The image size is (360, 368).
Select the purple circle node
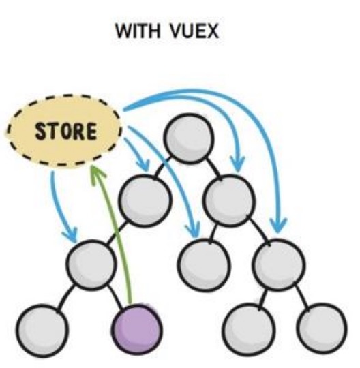136,329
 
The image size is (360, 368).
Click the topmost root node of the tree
189,138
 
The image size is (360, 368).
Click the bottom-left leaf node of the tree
42,331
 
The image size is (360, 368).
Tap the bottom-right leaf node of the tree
322,328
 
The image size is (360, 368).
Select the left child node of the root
145,200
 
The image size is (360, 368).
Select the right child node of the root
228,200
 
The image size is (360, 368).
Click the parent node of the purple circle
91,264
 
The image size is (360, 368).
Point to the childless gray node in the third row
204,264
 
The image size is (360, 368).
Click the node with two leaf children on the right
279,264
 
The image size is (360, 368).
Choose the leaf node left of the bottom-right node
249,329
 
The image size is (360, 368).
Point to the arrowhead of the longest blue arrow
278,226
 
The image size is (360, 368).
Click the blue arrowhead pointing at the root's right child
238,164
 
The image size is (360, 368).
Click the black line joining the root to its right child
213,168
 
